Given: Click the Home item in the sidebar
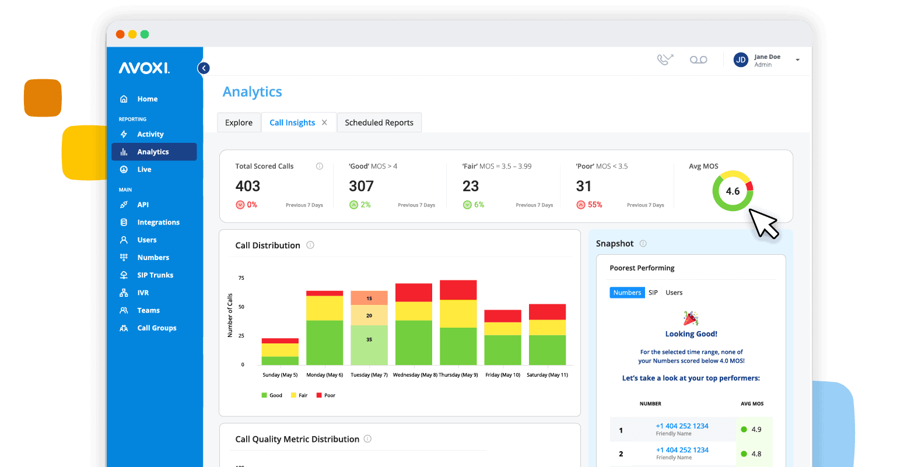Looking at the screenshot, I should pos(147,99).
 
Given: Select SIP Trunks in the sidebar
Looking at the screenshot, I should pos(155,275).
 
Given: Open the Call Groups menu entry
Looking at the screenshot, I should pos(156,328).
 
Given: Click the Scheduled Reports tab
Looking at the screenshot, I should pos(379,122).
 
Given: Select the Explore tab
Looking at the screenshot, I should pos(239,122).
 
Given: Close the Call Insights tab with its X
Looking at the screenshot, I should pos(324,122).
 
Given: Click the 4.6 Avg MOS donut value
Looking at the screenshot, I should pos(733,191).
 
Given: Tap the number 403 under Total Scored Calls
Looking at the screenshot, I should pos(248,186).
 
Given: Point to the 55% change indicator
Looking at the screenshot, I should pos(594,205).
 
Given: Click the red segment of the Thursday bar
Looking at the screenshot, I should pos(458,290).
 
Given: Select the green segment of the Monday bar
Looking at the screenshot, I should pos(324,343).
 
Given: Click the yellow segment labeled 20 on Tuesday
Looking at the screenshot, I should pos(369,315).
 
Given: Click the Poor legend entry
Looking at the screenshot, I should pos(329,395).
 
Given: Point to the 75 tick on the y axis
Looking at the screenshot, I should pos(241,278).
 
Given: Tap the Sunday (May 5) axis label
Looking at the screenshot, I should pos(280,375).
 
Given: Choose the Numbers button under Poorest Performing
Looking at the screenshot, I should pos(627,293).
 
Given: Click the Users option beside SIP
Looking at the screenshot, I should pos(674,293).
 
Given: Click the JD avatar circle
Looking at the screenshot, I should pos(741,60).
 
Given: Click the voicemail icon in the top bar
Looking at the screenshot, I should pos(698,60).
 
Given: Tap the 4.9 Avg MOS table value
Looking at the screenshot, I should pos(756,430).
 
